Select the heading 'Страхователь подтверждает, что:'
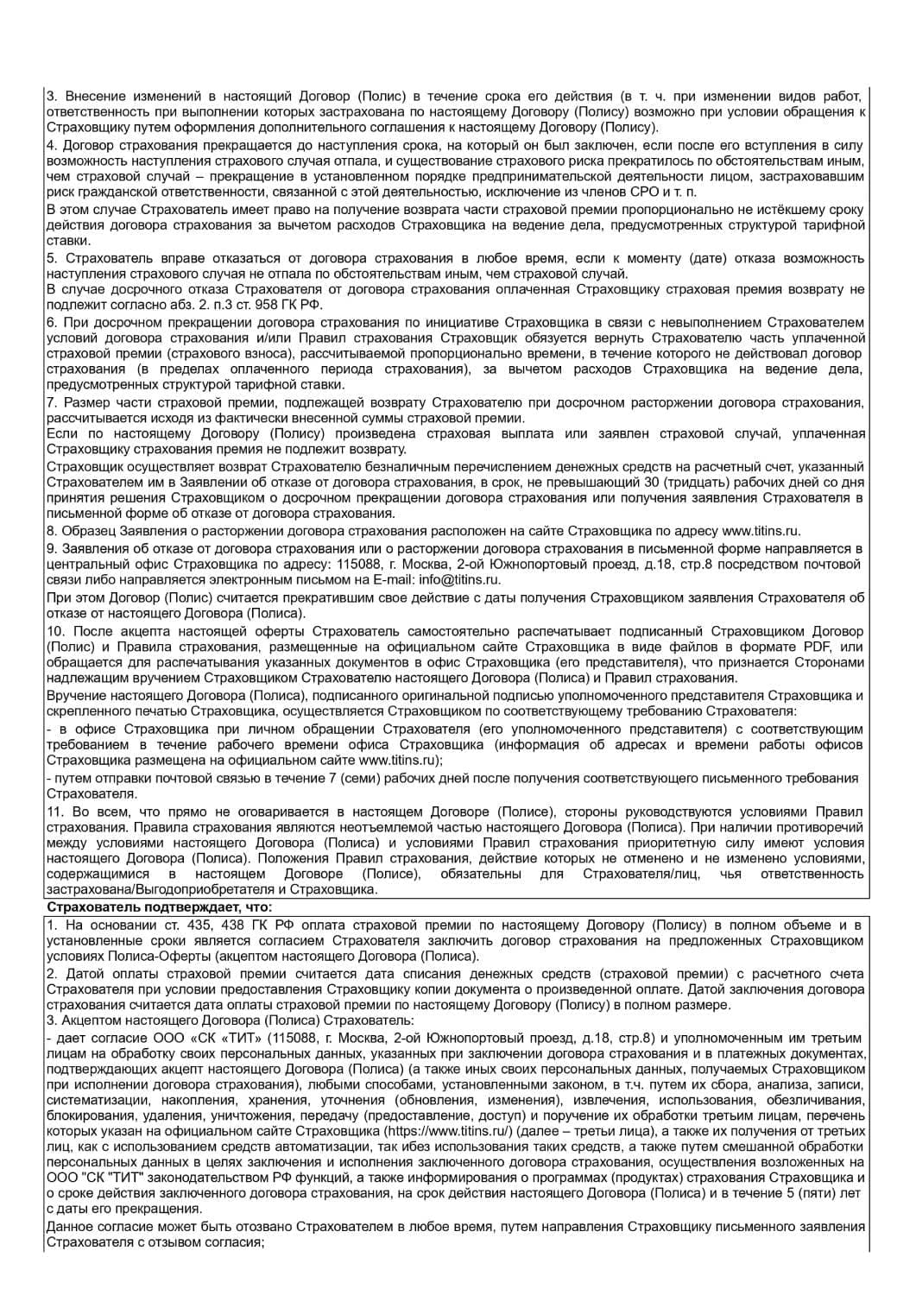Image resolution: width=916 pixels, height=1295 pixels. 158,907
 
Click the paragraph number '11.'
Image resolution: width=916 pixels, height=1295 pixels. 56,812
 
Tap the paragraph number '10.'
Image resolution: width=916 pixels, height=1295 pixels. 56,632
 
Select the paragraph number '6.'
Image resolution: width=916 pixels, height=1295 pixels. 52,322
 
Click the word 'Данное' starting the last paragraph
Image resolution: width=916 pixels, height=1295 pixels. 68,1227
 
